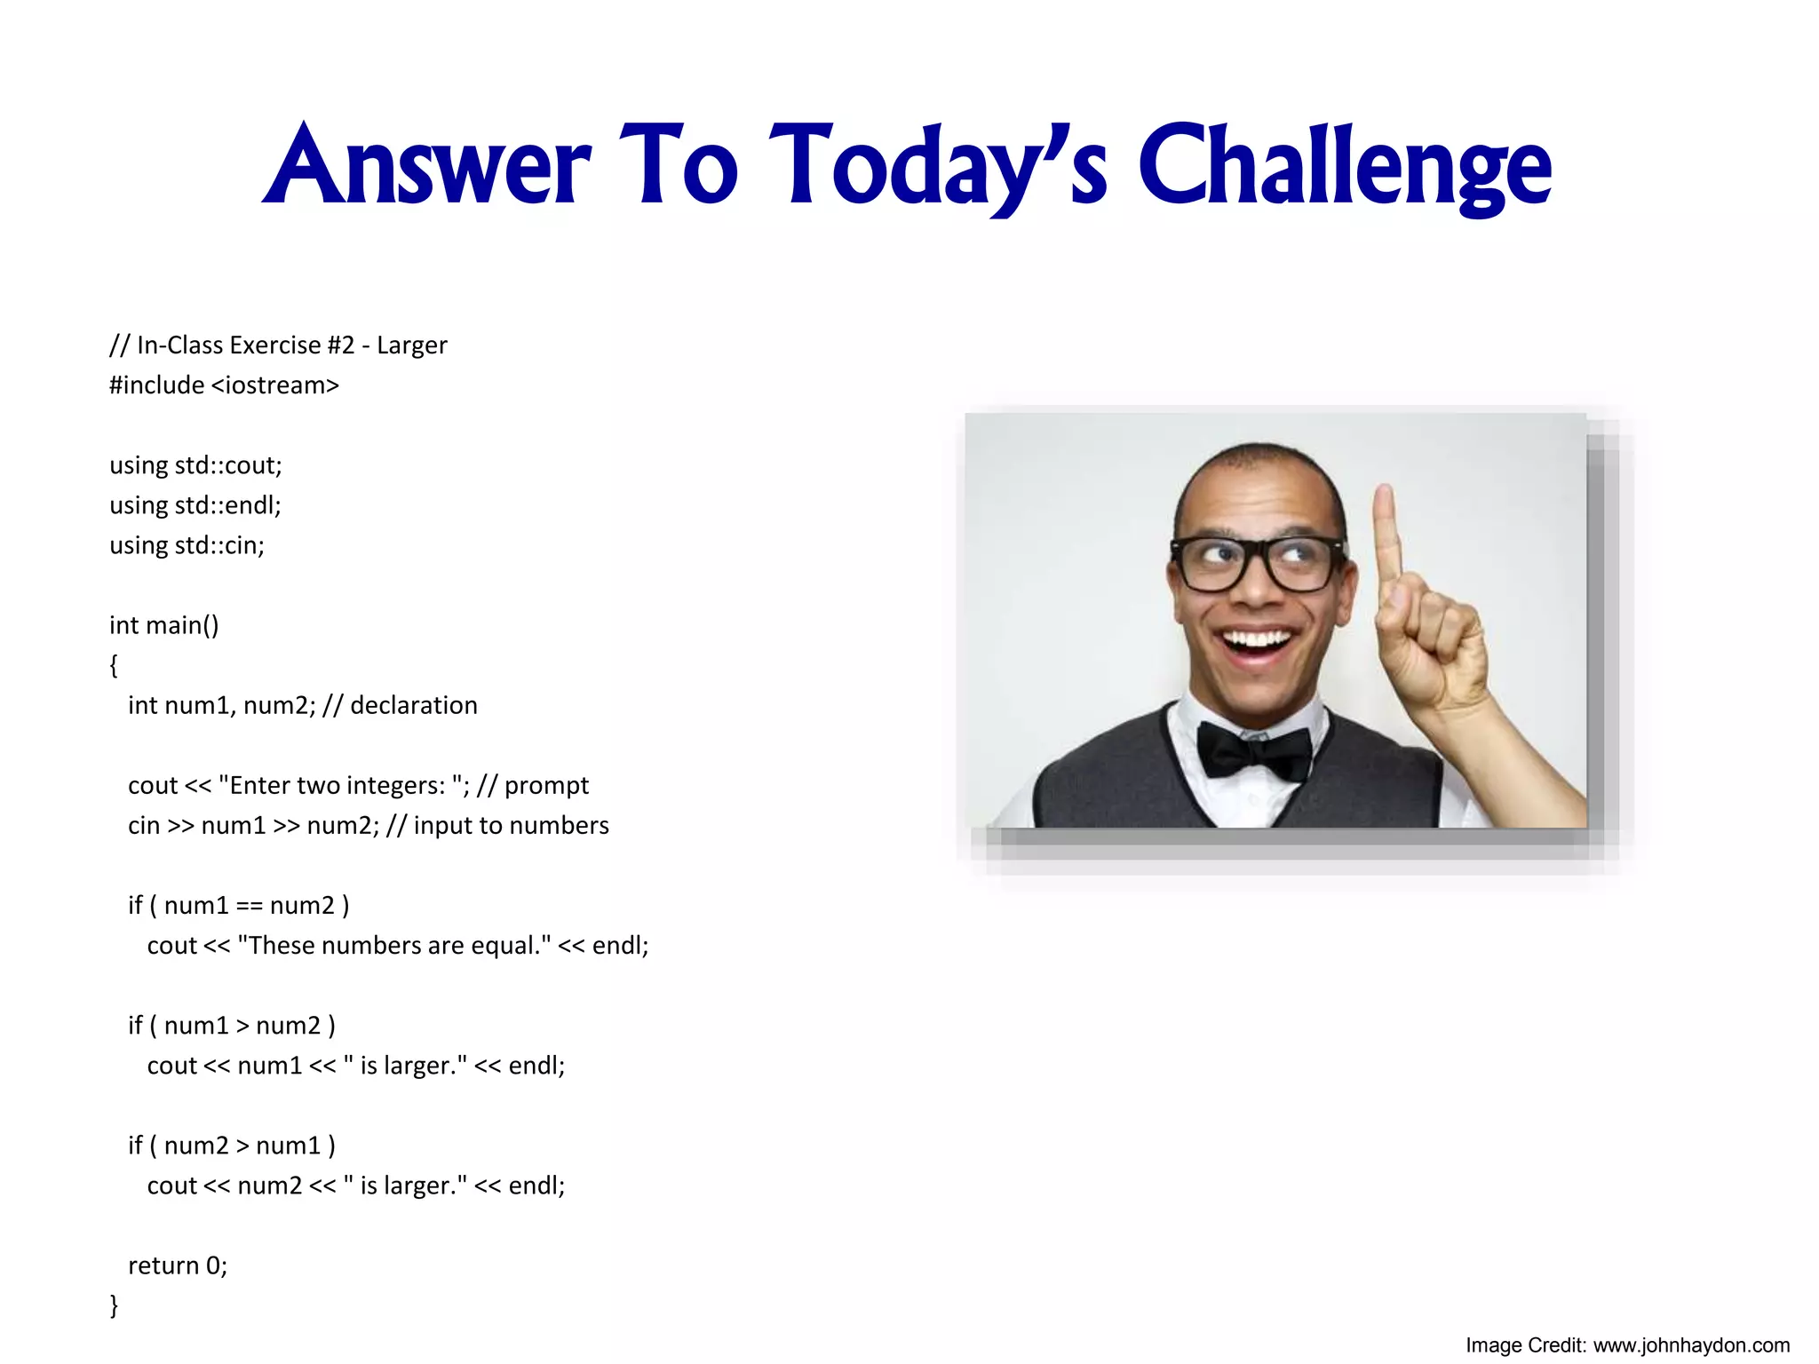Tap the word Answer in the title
pyautogui.click(x=427, y=167)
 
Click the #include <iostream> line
pyautogui.click(x=224, y=385)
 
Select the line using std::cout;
pyautogui.click(x=195, y=465)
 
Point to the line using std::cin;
pyautogui.click(x=187, y=545)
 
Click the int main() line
pyautogui.click(x=163, y=625)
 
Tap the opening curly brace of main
pyautogui.click(x=114, y=665)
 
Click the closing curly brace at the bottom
pyautogui.click(x=114, y=1305)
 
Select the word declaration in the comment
pyautogui.click(x=414, y=705)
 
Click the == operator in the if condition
pyautogui.click(x=249, y=906)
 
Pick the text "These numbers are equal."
pyautogui.click(x=394, y=946)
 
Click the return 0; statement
pyautogui.click(x=178, y=1265)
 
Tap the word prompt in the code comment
pyautogui.click(x=546, y=786)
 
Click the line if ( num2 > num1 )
pyautogui.click(x=232, y=1146)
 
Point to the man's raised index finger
pyautogui.click(x=1386, y=533)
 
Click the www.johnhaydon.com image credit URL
pyautogui.click(x=1691, y=1345)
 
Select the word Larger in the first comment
pyautogui.click(x=412, y=345)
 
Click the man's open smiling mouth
pyautogui.click(x=1256, y=645)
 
